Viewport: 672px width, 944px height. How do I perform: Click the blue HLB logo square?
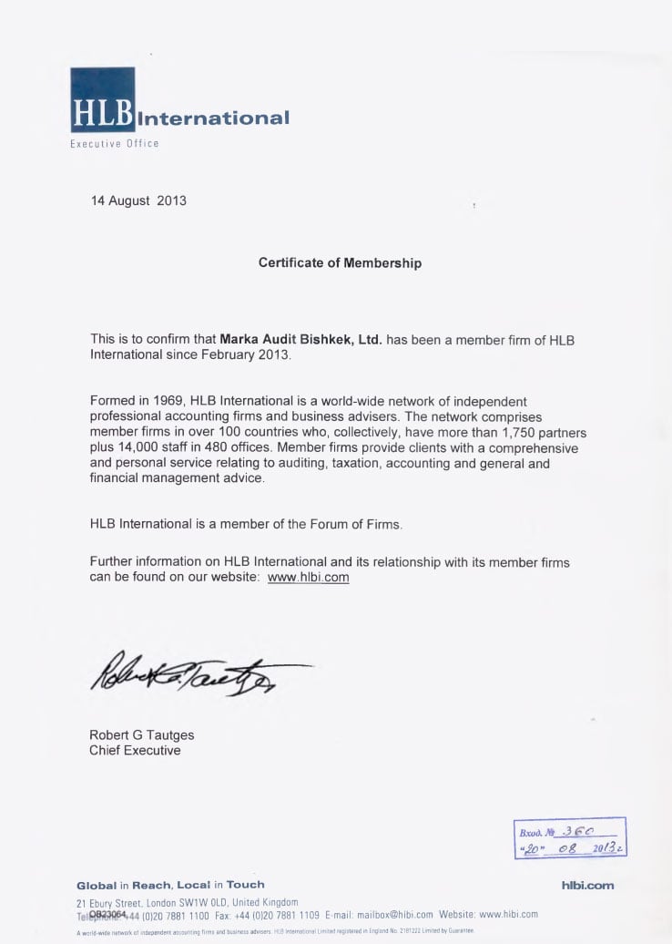(x=102, y=99)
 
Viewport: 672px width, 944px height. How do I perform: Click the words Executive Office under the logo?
(x=115, y=144)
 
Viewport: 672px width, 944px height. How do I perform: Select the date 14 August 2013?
(x=138, y=200)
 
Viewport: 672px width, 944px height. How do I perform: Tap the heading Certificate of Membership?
(x=340, y=262)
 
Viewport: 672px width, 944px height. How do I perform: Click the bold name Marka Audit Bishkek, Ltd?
(x=300, y=340)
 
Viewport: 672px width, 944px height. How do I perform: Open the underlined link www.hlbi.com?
(x=308, y=577)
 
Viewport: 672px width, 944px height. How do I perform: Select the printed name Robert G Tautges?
(x=141, y=735)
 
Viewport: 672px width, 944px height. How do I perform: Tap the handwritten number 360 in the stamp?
(x=579, y=831)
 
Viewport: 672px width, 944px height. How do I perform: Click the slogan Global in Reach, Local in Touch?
(x=170, y=885)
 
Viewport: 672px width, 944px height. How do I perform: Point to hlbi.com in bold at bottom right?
(x=588, y=885)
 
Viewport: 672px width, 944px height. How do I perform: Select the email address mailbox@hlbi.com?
(x=392, y=915)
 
